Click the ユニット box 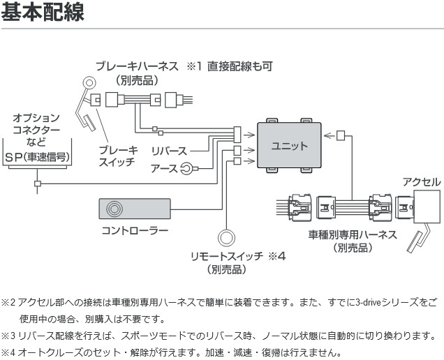[x=289, y=147]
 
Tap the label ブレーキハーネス [x=138, y=67]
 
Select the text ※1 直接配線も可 [x=228, y=67]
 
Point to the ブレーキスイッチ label [x=118, y=156]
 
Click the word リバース [x=169, y=151]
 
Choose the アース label [x=165, y=167]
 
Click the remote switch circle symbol [x=228, y=237]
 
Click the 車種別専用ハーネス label [x=352, y=234]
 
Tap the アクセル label [x=422, y=182]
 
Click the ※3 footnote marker [x=8, y=336]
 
